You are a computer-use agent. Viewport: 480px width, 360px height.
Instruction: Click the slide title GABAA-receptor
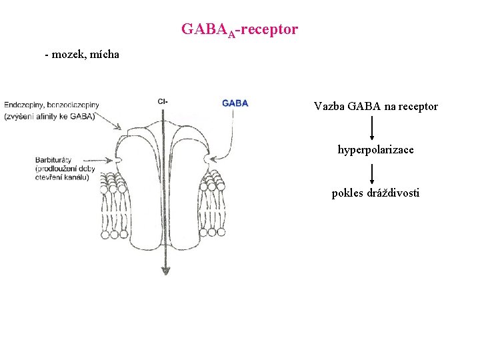click(239, 30)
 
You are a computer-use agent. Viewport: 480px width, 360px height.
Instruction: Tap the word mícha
click(103, 54)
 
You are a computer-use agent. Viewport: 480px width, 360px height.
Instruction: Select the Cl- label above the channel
click(163, 102)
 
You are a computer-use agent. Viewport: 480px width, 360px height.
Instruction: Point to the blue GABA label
click(235, 103)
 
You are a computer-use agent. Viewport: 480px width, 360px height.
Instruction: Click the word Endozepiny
click(25, 105)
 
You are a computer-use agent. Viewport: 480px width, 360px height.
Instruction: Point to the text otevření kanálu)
click(63, 177)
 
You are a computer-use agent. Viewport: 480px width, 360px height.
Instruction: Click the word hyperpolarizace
click(375, 150)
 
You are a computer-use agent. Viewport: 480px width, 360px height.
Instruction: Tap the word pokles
click(347, 193)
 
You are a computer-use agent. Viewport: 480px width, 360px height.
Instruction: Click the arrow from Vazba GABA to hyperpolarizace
click(371, 127)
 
